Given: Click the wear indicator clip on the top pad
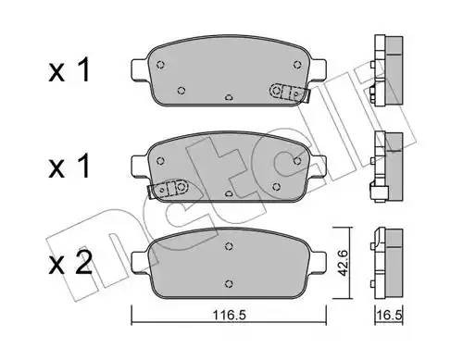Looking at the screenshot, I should click(x=287, y=91).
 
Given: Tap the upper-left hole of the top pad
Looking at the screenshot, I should click(x=161, y=64).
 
